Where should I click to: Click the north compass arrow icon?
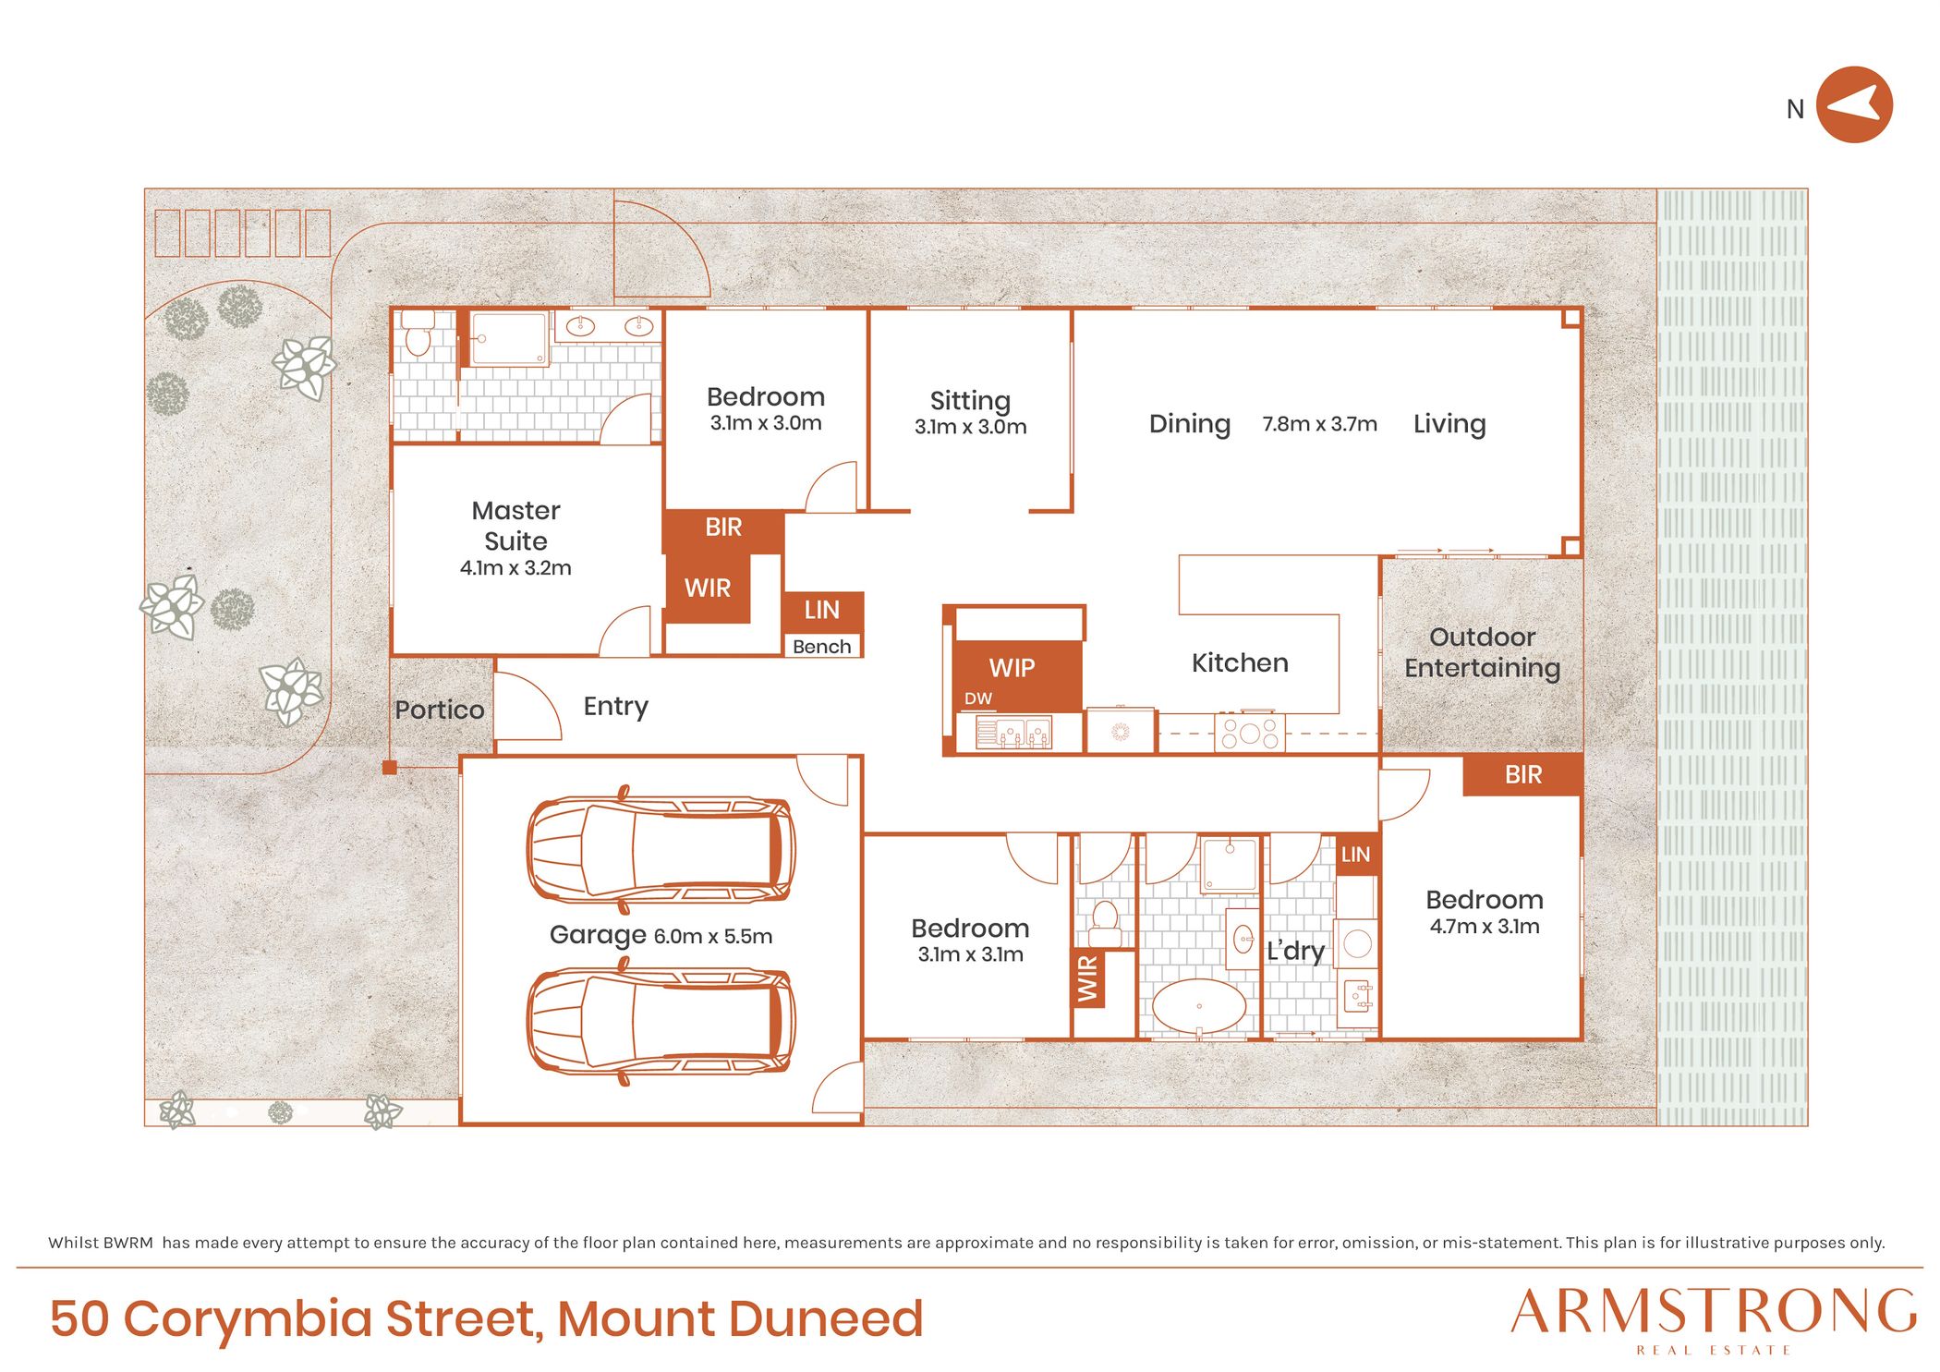1854,104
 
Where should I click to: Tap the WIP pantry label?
1012,667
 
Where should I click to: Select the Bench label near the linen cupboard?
821,647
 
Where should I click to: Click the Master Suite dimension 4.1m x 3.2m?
515,567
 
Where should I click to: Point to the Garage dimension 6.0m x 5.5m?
712,936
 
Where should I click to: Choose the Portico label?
439,710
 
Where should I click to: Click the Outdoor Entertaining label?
1482,652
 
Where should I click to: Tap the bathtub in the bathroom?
1199,1005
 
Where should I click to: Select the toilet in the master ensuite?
418,333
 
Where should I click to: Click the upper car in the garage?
661,850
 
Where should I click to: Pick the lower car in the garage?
661,1021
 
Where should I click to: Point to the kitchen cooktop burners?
1249,733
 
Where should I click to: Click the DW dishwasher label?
977,698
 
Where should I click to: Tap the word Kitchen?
1239,662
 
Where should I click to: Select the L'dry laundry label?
1295,951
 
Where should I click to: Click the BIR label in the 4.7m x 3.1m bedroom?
1522,774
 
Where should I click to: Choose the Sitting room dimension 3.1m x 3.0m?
970,427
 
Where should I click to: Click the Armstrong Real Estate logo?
1714,1320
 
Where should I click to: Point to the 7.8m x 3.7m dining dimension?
1319,424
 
